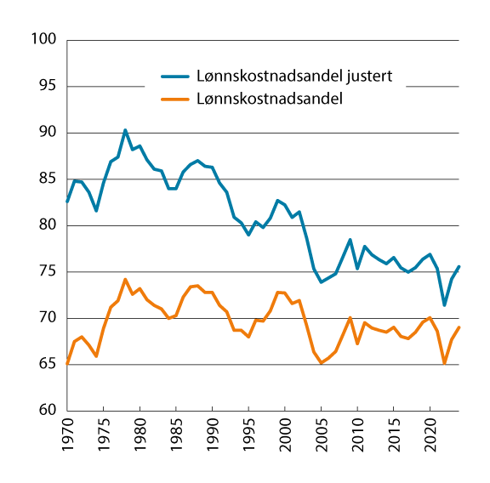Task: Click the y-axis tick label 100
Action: click(x=42, y=40)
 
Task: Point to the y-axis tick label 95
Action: click(x=45, y=86)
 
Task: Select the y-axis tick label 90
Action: click(x=45, y=133)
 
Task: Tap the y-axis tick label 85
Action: click(x=45, y=179)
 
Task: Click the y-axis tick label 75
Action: click(x=45, y=272)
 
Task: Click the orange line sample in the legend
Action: click(x=176, y=99)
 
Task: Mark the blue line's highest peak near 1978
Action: click(x=125, y=130)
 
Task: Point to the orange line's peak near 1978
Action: click(x=125, y=279)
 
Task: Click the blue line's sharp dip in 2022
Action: click(x=444, y=305)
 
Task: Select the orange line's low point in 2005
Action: click(x=321, y=363)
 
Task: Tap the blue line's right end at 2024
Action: click(x=459, y=267)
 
